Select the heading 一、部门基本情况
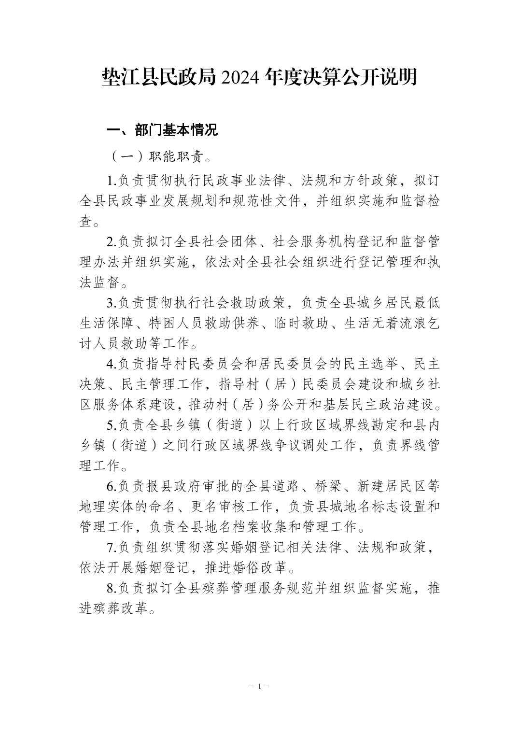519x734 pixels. click(162, 130)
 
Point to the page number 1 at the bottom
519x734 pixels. click(260, 686)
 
